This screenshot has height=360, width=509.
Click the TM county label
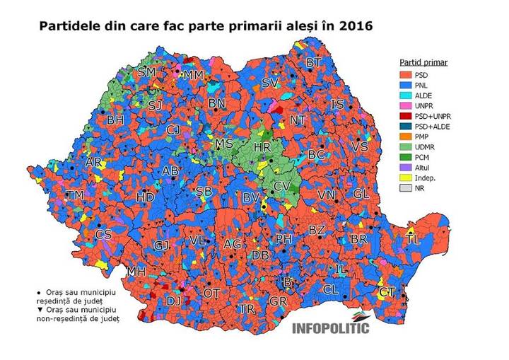coord(75,194)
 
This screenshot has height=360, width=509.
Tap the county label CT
coord(386,292)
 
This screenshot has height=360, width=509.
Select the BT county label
coord(313,63)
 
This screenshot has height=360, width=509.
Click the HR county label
coord(262,148)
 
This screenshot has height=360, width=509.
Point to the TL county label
coord(413,240)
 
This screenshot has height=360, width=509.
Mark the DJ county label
coord(173,301)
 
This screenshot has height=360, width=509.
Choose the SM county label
coord(147,72)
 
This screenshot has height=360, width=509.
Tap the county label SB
coord(204,192)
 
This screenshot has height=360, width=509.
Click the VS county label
coord(359,146)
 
